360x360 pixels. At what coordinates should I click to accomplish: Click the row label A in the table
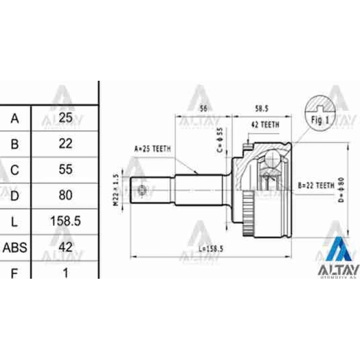15,118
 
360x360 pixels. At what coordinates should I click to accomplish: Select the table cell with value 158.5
65,221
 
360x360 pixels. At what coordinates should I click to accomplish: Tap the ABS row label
15,247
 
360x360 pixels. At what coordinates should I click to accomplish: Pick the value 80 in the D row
65,195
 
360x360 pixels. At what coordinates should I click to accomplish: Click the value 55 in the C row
65,170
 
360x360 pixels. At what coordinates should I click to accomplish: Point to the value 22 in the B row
65,144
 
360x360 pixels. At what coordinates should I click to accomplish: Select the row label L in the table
15,221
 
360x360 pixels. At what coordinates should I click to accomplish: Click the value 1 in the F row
65,272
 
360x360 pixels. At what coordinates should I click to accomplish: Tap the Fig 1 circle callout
319,112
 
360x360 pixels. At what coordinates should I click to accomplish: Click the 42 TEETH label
265,125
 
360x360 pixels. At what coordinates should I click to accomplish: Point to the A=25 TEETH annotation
153,149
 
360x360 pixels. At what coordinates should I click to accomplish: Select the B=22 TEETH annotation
316,185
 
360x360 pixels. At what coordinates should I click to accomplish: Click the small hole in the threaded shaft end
144,192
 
